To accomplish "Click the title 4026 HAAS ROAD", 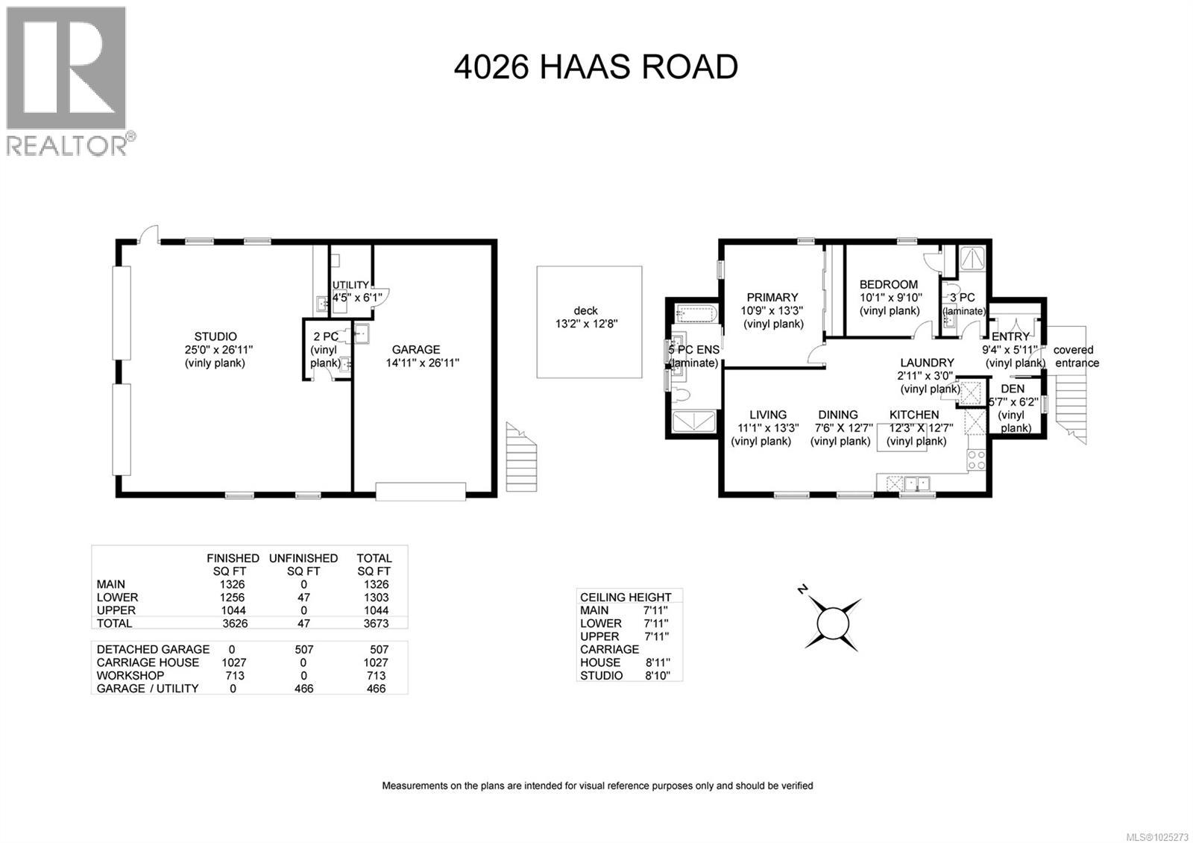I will (x=596, y=67).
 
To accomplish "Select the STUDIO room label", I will (x=215, y=336).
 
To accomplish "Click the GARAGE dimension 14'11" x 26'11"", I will (x=422, y=363).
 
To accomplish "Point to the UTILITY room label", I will (x=350, y=285).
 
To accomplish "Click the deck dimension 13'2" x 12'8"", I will (x=586, y=324).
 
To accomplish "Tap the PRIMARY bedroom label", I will (x=772, y=297).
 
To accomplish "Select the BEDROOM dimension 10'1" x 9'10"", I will (x=890, y=298).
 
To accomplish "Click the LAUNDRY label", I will (x=927, y=363).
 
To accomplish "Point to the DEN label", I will (x=1013, y=389).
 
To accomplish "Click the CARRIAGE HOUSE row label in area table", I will (x=148, y=662).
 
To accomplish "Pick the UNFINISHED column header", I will (x=303, y=558).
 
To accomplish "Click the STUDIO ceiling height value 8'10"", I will (x=656, y=675).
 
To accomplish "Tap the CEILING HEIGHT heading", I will (x=626, y=597).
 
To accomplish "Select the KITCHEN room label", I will (x=914, y=415).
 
